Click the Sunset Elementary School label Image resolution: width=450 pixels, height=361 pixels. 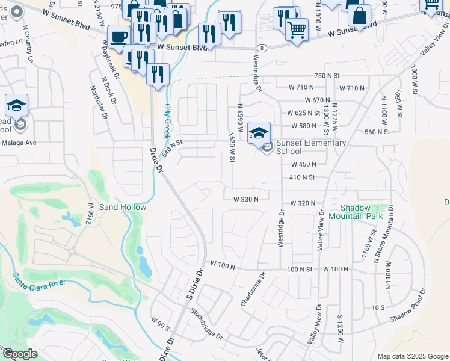click(310, 147)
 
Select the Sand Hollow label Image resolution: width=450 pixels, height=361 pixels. click(123, 207)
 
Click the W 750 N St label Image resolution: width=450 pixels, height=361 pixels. click(327, 75)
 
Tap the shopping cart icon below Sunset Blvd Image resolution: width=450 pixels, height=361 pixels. click(297, 29)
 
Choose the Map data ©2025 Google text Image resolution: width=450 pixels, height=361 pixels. click(413, 356)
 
